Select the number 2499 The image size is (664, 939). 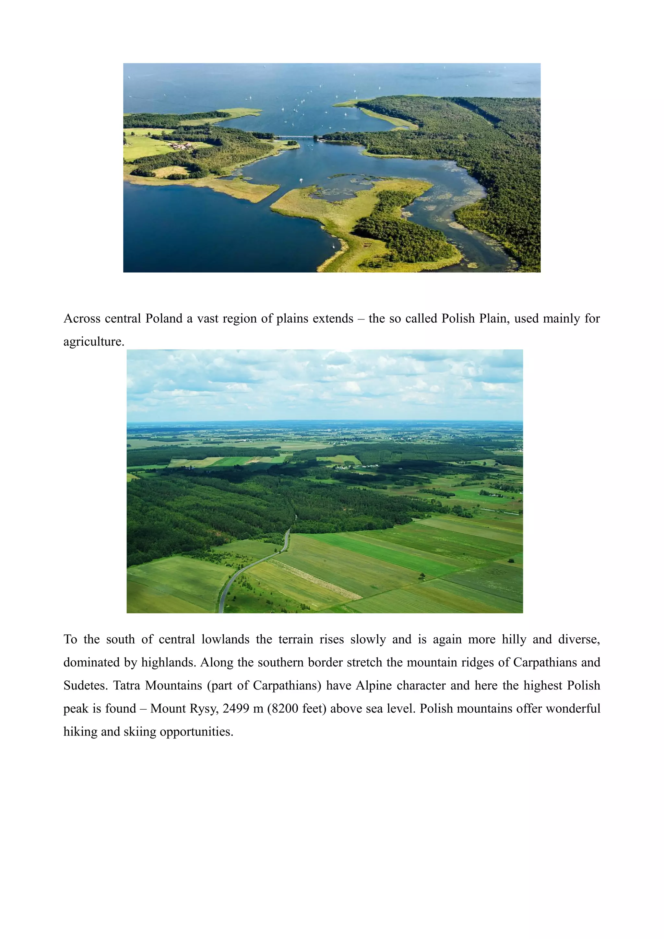coord(235,708)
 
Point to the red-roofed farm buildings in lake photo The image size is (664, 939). coord(180,145)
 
